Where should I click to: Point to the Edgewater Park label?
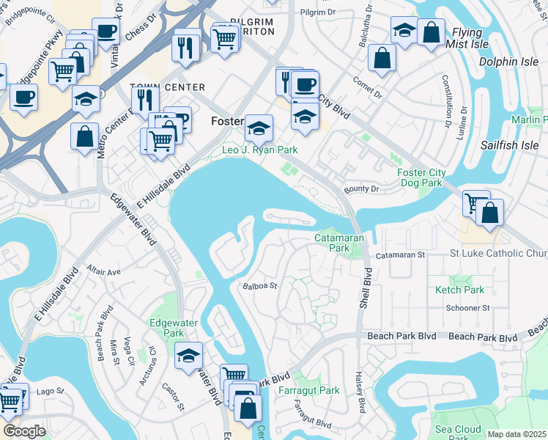click(166, 327)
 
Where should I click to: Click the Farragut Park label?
click(308, 390)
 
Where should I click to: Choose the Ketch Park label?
click(459, 290)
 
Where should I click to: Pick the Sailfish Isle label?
click(509, 145)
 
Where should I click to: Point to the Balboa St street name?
click(259, 286)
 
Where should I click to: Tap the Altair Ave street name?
click(104, 271)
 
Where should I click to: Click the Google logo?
click(24, 431)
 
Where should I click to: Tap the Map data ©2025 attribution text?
click(516, 434)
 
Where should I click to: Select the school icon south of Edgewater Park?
click(189, 354)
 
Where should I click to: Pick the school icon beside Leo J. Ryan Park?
click(258, 128)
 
